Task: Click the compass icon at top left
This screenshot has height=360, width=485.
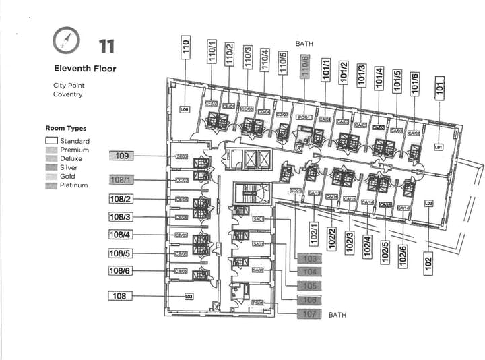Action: [65, 42]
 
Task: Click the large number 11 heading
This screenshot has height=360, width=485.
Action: [106, 47]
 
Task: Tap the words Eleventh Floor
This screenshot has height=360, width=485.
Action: [85, 69]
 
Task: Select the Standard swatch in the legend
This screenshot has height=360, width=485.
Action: [51, 141]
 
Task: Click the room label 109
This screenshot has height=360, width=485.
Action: [122, 156]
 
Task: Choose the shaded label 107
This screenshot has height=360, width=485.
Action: [310, 313]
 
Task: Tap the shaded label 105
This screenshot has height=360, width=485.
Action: [310, 287]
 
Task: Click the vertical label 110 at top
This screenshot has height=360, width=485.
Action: [185, 48]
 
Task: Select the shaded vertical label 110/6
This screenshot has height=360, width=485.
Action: [305, 66]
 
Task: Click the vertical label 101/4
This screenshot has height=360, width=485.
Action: [379, 77]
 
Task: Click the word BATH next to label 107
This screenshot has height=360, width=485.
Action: [337, 315]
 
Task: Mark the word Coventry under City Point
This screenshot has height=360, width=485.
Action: [68, 94]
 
